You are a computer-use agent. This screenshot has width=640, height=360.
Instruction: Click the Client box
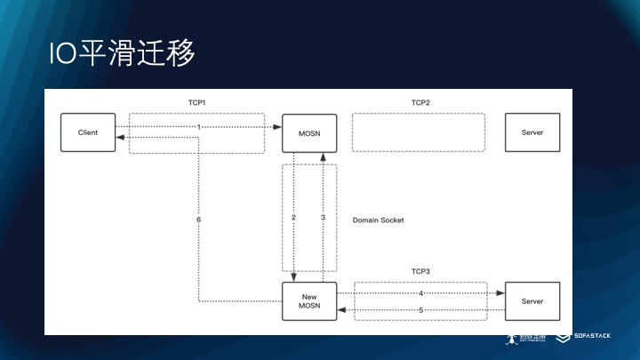pos(88,132)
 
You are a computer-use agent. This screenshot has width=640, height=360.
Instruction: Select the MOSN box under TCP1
pos(309,132)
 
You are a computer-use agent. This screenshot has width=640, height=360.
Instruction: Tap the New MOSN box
pos(309,302)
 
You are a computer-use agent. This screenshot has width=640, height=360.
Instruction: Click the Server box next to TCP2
pos(532,132)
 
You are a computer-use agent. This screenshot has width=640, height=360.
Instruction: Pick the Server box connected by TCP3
pos(532,301)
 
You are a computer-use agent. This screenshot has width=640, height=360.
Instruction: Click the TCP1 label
pos(196,103)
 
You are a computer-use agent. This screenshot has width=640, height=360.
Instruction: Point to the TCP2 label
pos(420,103)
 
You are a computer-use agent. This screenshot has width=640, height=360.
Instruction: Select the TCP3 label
pos(420,271)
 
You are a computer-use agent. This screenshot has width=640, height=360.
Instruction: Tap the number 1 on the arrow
pos(199,127)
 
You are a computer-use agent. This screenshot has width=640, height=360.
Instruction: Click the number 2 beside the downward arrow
pos(293,218)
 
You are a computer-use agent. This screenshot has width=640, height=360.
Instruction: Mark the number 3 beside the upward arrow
pos(324,218)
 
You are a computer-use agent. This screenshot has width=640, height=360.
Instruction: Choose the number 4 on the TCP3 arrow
pos(420,292)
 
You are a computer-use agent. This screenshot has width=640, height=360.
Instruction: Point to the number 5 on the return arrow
pos(420,310)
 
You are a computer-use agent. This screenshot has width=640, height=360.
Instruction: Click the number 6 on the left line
pos(198,219)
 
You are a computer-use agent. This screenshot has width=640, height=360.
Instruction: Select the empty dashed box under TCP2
pos(419,132)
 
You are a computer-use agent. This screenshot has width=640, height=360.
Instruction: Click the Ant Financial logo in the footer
pos(524,340)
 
